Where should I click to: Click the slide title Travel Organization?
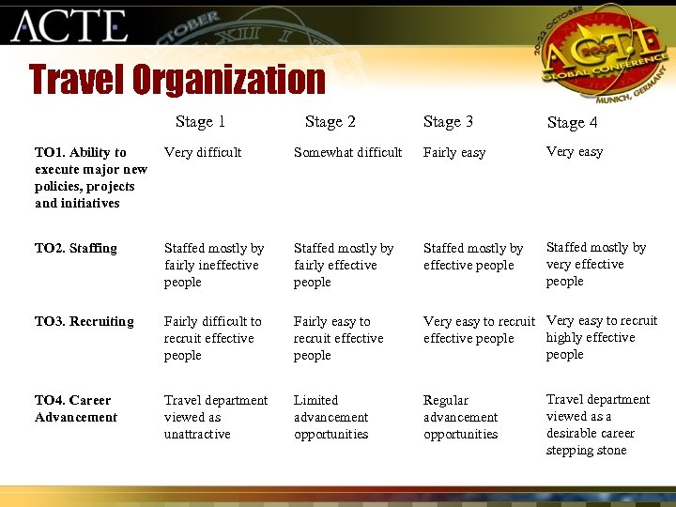pyautogui.click(x=177, y=80)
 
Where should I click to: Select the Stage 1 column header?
pyautogui.click(x=200, y=121)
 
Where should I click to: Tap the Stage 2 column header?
pyautogui.click(x=330, y=121)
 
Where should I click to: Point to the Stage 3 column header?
pyautogui.click(x=448, y=121)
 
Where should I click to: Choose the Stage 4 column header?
pyautogui.click(x=572, y=122)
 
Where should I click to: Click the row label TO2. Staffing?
pyautogui.click(x=76, y=248)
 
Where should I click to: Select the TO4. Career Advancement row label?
pyautogui.click(x=76, y=408)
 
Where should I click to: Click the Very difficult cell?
pyautogui.click(x=203, y=152)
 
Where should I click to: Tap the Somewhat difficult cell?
pyautogui.click(x=347, y=152)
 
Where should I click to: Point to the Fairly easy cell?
pyautogui.click(x=454, y=152)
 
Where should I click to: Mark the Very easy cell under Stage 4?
pyautogui.click(x=575, y=151)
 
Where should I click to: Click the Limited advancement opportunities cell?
pyautogui.click(x=330, y=417)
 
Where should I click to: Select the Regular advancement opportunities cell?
pyautogui.click(x=460, y=417)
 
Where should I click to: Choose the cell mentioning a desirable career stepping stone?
pyautogui.click(x=597, y=424)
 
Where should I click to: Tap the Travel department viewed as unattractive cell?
pyautogui.click(x=215, y=417)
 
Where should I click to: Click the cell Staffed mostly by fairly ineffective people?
pyautogui.click(x=213, y=265)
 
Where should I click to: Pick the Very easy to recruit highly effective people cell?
pyautogui.click(x=601, y=337)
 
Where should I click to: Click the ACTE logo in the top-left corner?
pyautogui.click(x=69, y=25)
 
